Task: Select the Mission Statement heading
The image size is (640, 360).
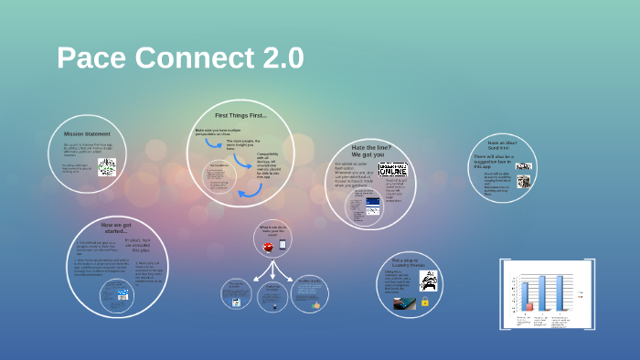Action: [80, 133]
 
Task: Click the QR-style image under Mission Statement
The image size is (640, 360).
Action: [107, 166]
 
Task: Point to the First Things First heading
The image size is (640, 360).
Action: [240, 116]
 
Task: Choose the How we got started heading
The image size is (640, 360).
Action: [117, 228]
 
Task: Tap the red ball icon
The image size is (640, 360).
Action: [268, 246]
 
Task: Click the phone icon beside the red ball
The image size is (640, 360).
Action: [283, 245]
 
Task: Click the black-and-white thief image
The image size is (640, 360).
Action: [425, 281]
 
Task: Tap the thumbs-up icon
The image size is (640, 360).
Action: [315, 303]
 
